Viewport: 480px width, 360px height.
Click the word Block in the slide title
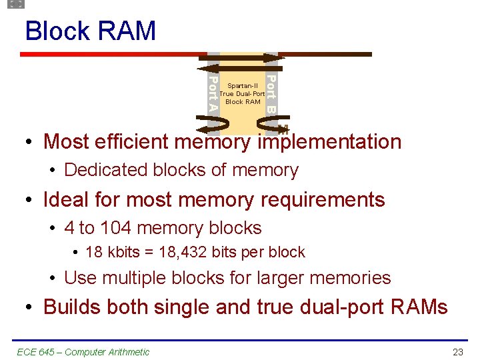pyautogui.click(x=57, y=31)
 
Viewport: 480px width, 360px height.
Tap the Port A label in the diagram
pyautogui.click(x=213, y=94)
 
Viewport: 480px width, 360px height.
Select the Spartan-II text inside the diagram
pyautogui.click(x=242, y=86)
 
